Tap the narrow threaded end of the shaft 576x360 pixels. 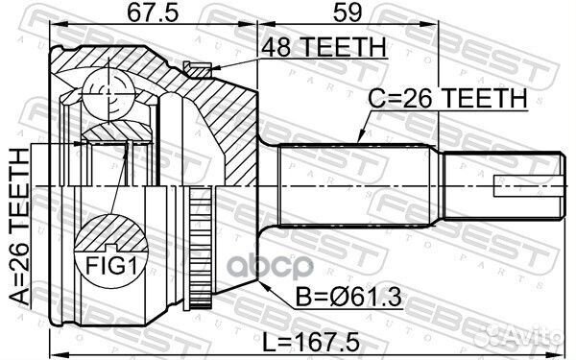click(x=499, y=182)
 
